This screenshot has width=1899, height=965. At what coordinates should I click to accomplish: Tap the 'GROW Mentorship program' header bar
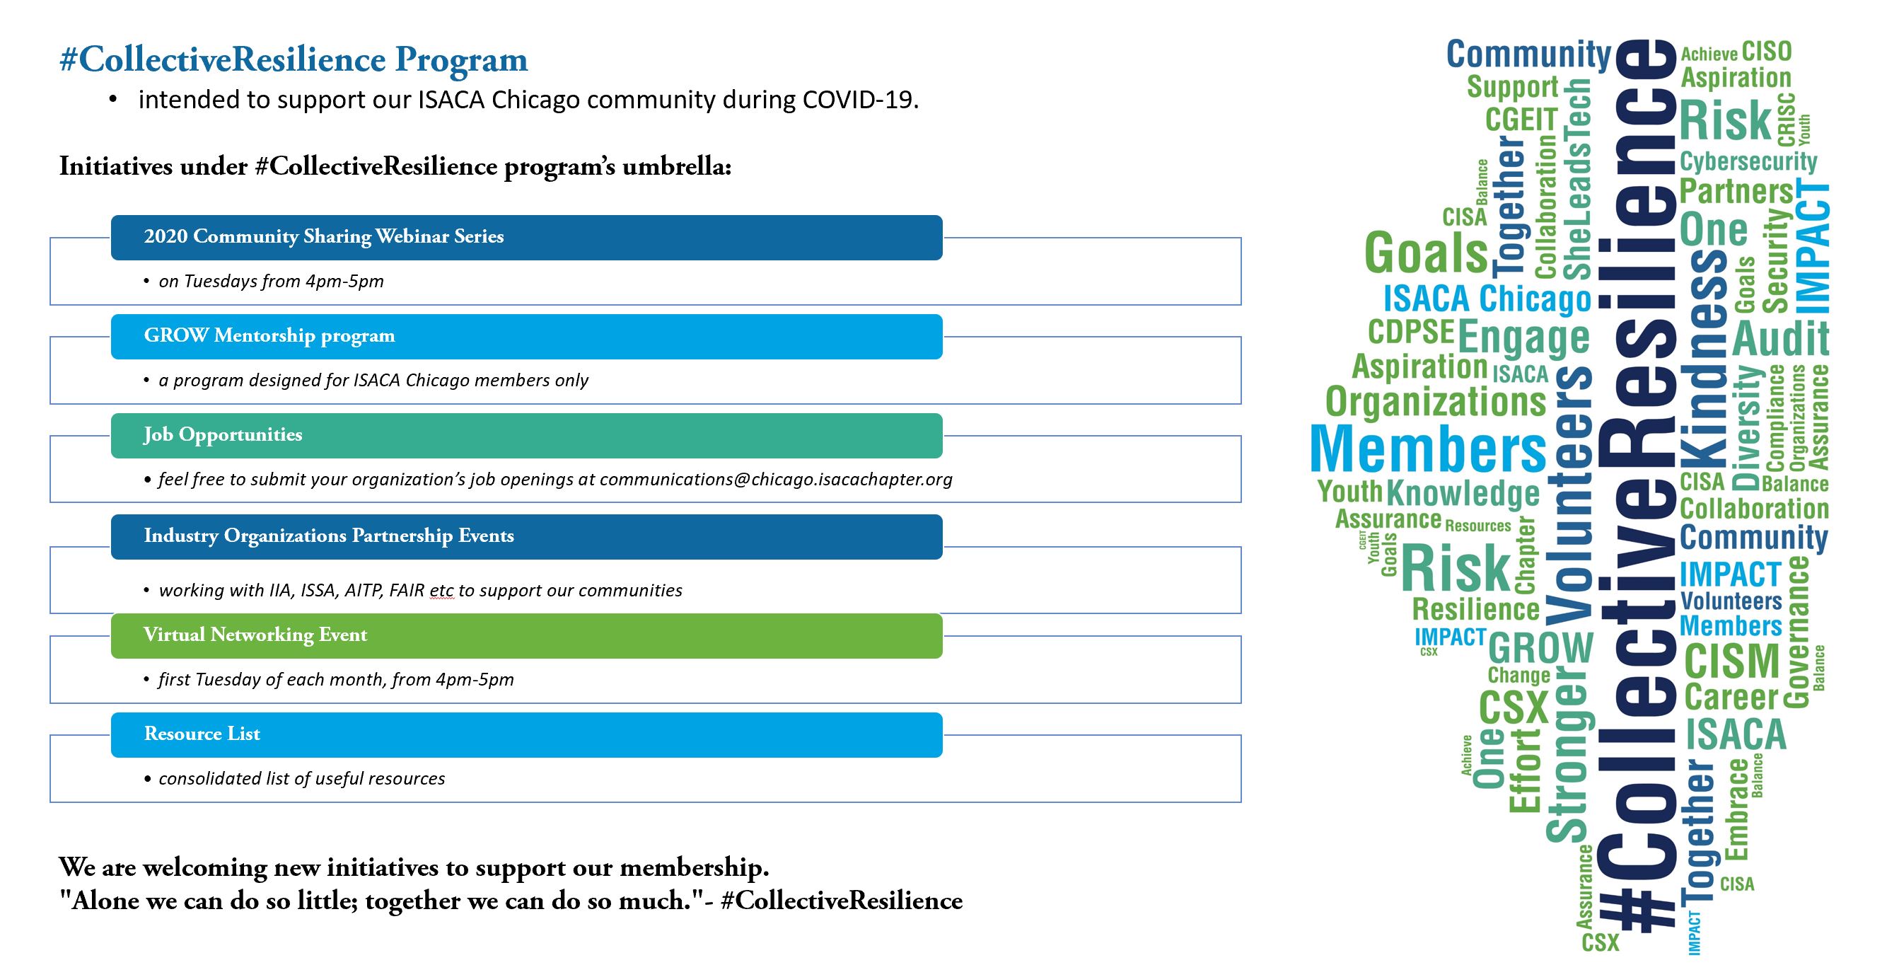[x=526, y=336]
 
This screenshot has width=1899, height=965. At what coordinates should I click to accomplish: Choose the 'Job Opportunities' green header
[x=526, y=436]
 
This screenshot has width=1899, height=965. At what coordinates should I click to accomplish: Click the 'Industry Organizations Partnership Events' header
[x=526, y=537]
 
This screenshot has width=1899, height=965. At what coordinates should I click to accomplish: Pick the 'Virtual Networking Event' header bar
[x=526, y=635]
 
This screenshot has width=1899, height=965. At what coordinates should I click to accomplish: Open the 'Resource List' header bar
[x=526, y=734]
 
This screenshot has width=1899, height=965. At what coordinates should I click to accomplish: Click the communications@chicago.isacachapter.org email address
[x=776, y=480]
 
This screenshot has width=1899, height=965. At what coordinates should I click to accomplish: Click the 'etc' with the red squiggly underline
[x=441, y=591]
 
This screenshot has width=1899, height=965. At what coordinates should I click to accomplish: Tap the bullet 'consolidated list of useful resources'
[x=301, y=779]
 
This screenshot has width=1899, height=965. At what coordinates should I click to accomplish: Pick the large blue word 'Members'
[x=1428, y=449]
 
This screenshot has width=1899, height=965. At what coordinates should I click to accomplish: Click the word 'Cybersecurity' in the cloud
[x=1748, y=162]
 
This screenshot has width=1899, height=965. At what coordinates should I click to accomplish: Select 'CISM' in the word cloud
[x=1731, y=661]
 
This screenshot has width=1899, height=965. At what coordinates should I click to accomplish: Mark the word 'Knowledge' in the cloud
[x=1463, y=493]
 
